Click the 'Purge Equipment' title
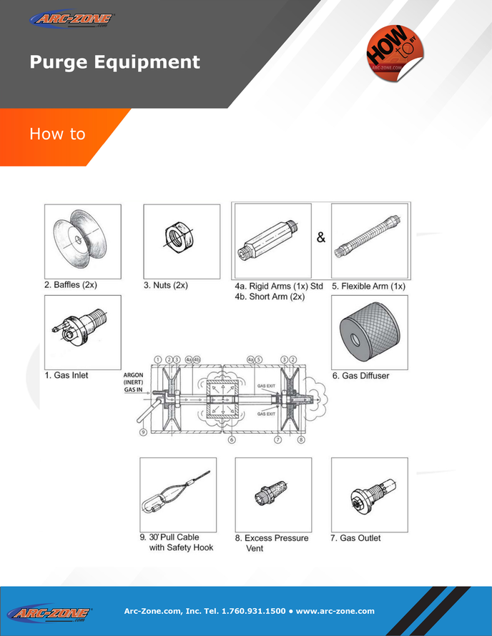point(114,62)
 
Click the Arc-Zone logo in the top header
point(74,19)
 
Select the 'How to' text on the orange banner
point(57,134)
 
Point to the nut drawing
point(182,239)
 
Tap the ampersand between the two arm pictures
point(321,238)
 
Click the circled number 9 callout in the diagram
point(142,431)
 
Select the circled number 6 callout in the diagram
point(232,440)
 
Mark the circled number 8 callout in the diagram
point(301,440)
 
